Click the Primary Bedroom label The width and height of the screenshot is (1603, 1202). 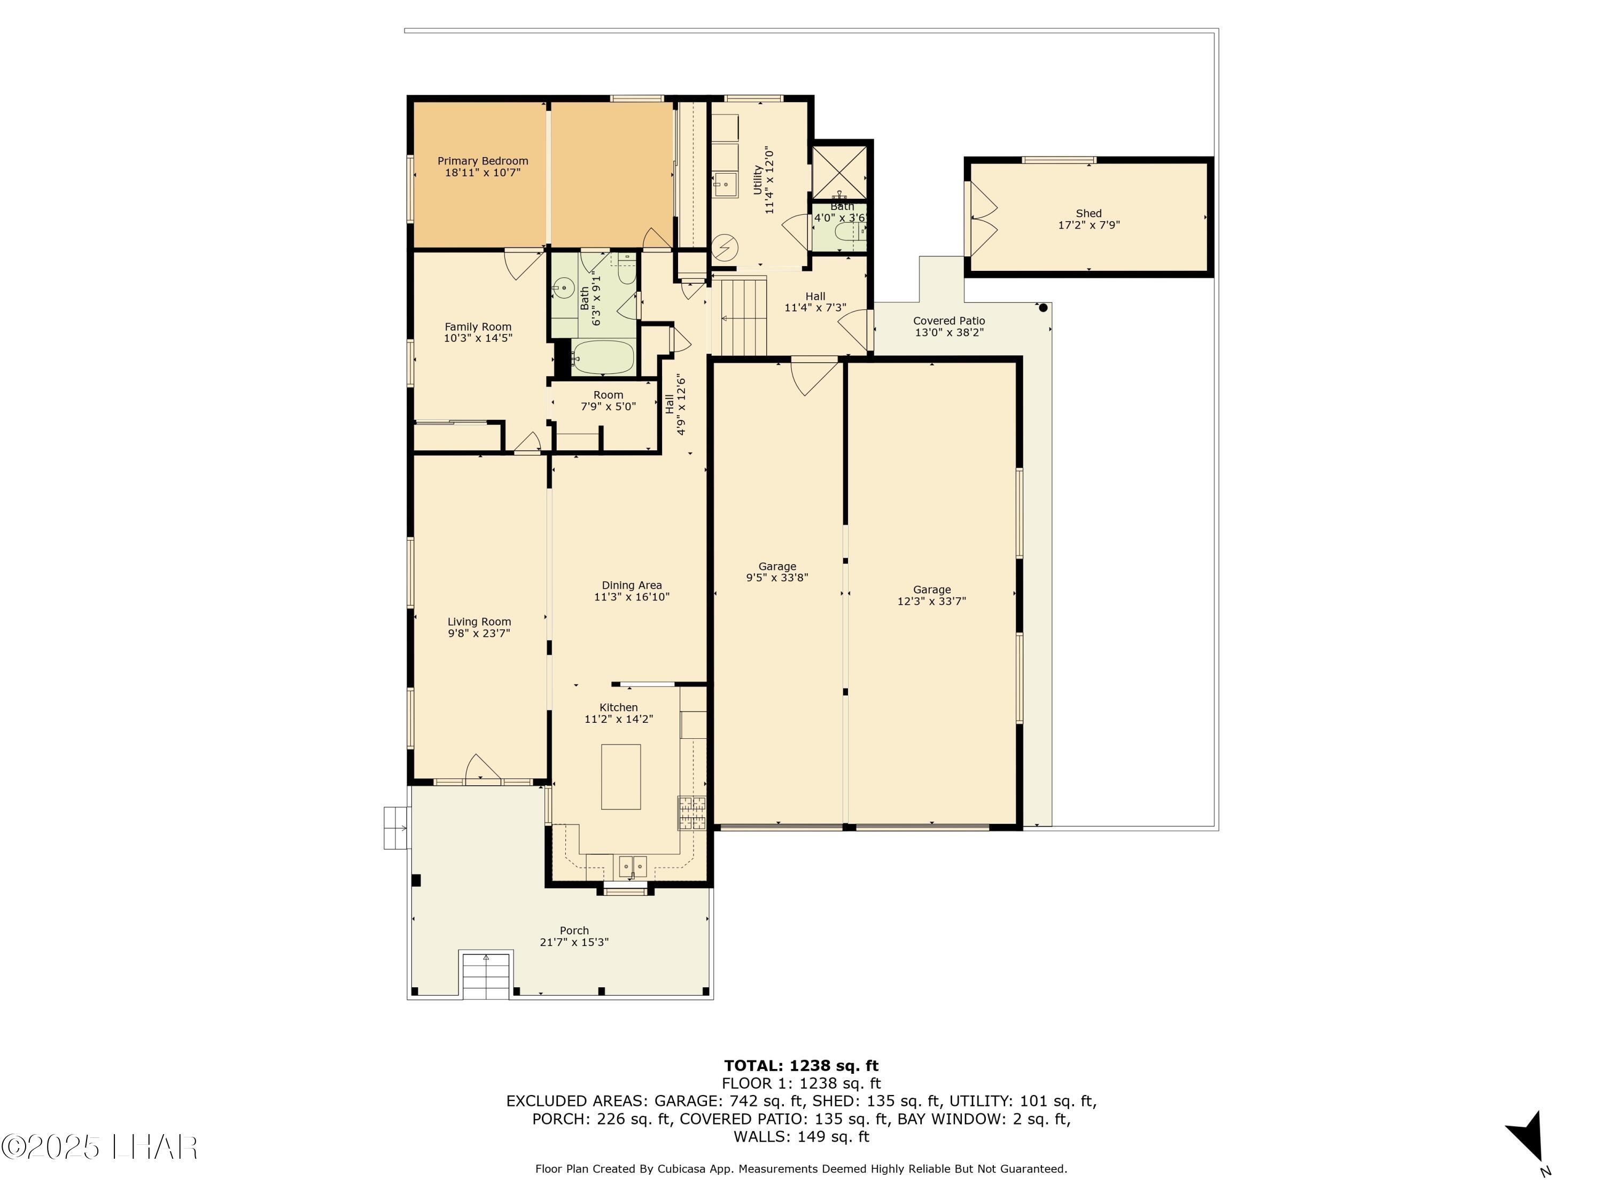coord(483,161)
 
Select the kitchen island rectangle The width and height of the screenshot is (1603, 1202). coord(621,776)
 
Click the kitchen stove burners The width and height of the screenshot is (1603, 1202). coord(692,813)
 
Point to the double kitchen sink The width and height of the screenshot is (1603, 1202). coord(633,867)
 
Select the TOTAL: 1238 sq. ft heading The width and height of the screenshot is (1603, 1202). coord(801,1066)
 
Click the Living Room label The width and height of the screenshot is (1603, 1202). coord(479,622)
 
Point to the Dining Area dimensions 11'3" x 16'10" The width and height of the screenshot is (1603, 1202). coord(632,597)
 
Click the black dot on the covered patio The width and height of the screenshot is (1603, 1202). coord(1044,308)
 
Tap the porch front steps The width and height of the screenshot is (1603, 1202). coord(486,976)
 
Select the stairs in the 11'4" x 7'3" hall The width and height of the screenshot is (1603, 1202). coord(741,316)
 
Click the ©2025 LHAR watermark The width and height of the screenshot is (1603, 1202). coord(99,1147)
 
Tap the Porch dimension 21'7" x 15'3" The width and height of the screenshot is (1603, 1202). coord(574,942)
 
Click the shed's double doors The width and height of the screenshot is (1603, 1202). coord(982,218)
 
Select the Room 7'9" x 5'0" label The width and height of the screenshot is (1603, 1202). coord(608,401)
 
